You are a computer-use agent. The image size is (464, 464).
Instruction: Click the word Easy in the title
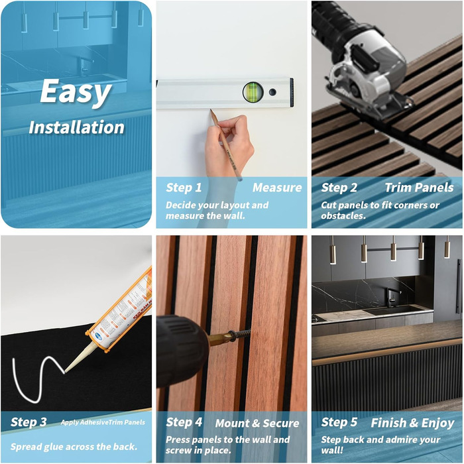coord(76,92)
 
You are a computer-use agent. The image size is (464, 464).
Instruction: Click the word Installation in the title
coord(77,127)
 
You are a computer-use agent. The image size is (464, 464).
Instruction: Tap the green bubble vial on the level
coord(253,92)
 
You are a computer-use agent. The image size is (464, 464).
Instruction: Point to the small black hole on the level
coord(272,92)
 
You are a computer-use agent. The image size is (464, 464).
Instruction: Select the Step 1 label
coord(184,188)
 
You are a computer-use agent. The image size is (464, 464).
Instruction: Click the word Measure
coord(277,188)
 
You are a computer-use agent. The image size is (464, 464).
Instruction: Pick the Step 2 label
coord(339,188)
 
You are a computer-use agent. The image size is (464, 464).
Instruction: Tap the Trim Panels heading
coord(419,188)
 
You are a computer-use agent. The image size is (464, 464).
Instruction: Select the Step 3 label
coord(29,422)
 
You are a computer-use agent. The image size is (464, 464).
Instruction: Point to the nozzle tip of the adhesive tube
coord(66,371)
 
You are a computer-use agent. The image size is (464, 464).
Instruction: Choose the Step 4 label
coord(184,422)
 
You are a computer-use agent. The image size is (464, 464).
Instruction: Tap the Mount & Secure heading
coord(257,423)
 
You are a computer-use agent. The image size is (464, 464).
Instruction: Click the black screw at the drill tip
coord(240,335)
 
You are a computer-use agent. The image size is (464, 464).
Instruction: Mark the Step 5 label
coord(339,422)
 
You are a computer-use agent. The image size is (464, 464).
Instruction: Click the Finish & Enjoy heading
coord(412,423)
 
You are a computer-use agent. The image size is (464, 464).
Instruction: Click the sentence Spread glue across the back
coord(74,447)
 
